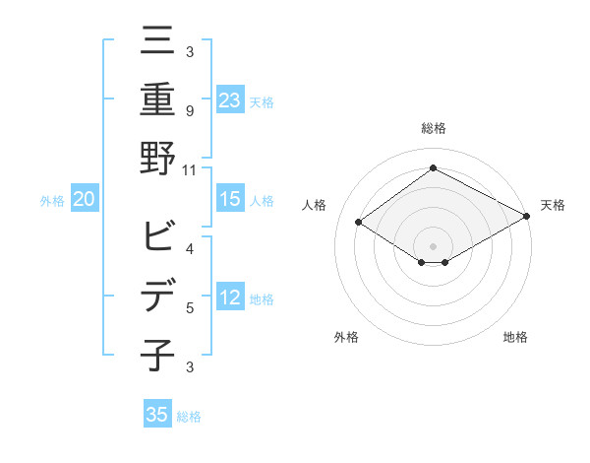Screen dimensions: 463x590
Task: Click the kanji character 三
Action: pos(157,41)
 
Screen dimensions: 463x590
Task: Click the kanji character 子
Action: pos(157,355)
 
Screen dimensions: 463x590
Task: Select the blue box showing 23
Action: pos(229,99)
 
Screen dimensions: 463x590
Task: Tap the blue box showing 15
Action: pos(229,199)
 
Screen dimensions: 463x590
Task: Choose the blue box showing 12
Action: pos(229,298)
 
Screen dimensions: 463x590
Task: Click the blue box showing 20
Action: pos(84,200)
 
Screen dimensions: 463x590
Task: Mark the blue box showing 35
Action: pos(157,415)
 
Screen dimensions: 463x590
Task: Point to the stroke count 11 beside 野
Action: pos(190,169)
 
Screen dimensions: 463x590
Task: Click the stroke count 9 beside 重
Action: pos(189,110)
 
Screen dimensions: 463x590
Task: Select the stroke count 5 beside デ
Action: pos(189,308)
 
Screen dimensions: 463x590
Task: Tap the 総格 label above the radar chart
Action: pos(433,128)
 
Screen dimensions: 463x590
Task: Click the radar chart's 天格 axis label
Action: pos(553,205)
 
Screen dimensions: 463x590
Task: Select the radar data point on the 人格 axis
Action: pos(359,223)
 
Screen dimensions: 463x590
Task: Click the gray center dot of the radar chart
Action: pos(433,245)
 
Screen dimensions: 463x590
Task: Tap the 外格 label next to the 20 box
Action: pos(52,201)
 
